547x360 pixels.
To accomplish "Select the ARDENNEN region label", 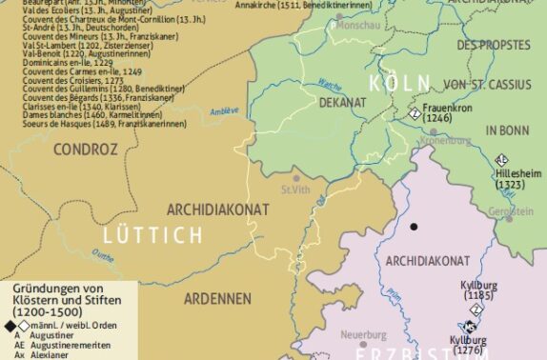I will point(217,298).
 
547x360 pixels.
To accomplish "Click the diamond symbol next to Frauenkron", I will point(415,112).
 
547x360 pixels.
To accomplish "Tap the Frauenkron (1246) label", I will point(449,114).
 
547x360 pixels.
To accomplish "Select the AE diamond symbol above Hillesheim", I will point(502,160).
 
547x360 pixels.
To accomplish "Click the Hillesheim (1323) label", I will point(514,182).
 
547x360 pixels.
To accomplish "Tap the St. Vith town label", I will point(294,190).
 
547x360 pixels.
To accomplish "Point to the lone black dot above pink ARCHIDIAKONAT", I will point(414,227).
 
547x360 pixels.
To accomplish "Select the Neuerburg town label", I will point(362,334).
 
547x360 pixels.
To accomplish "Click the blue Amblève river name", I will point(225,110).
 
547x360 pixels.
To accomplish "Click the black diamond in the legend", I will point(10,327).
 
